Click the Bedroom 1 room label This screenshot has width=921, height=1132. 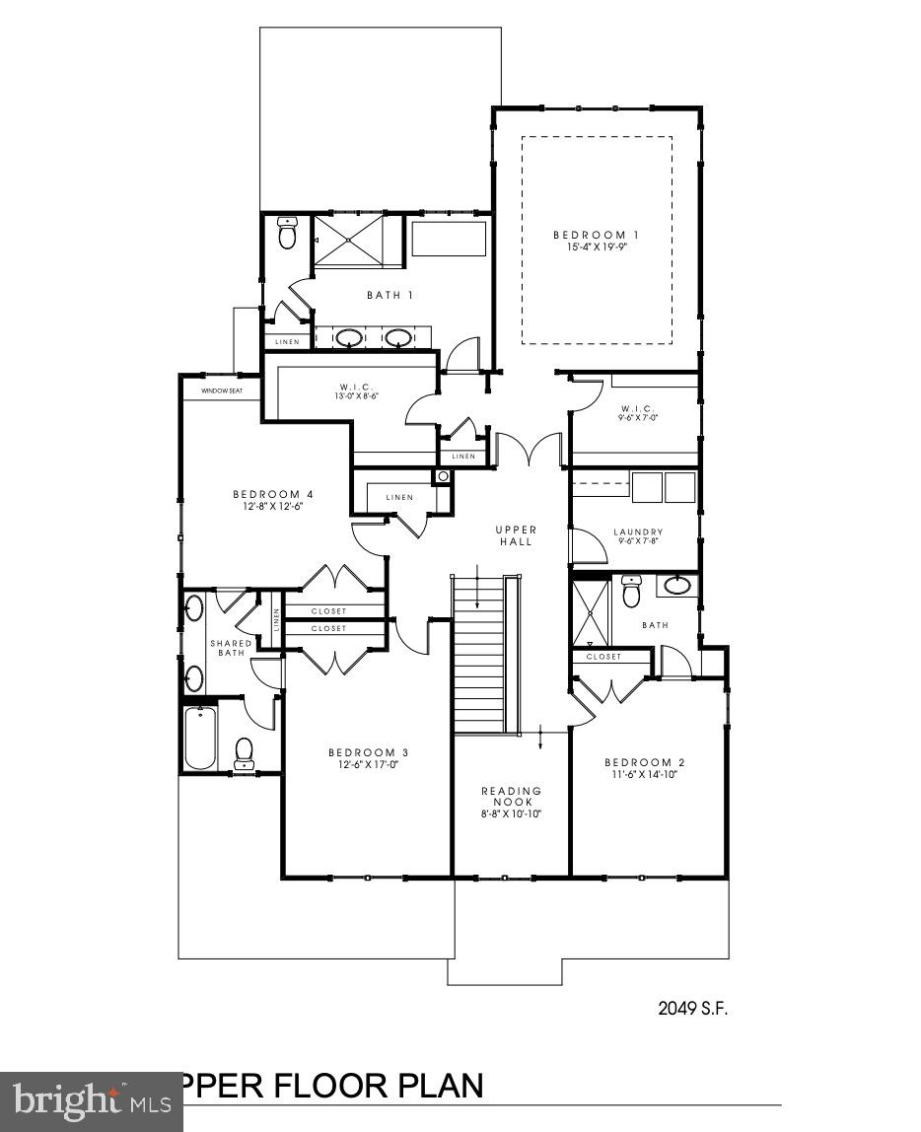coord(596,235)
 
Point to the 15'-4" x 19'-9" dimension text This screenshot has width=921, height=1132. coord(596,248)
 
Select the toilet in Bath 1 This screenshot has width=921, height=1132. coord(287,235)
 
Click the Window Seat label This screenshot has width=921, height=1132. coord(222,390)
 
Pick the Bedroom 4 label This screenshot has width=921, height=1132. coord(273,494)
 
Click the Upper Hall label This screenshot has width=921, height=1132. coord(515,535)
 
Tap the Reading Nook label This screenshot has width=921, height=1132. coord(512,796)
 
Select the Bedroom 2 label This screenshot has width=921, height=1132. coord(644,762)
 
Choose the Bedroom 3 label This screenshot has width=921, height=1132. coord(368,752)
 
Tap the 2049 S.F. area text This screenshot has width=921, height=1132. coord(691,1008)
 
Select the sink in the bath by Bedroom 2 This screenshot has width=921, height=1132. coord(677,586)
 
